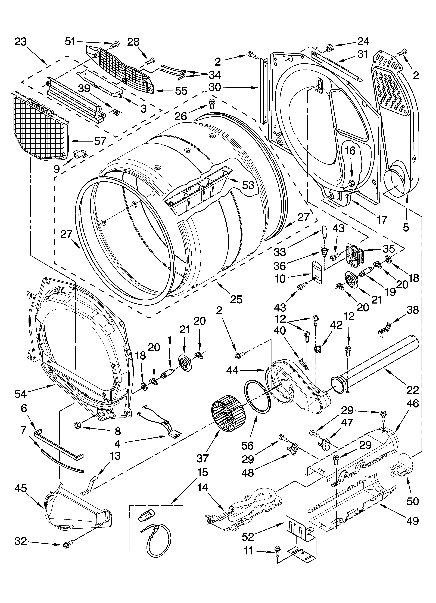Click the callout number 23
(21, 42)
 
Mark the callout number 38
(412, 310)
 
